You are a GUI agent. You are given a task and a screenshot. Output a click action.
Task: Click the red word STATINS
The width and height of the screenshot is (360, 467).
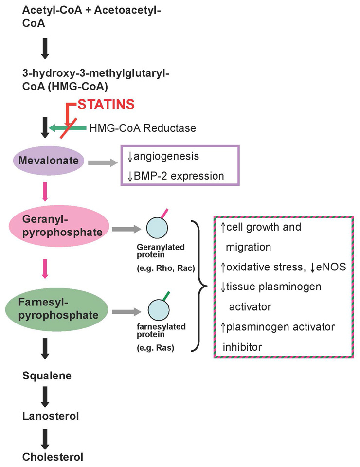coord(106,105)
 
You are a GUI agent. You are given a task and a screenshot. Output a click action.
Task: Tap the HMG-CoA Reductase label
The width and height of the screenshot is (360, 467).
coord(143,128)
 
